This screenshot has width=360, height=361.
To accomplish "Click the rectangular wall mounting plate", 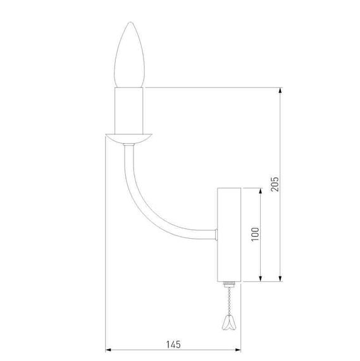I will point(229,234).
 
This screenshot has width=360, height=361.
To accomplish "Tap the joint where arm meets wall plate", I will point(216,235).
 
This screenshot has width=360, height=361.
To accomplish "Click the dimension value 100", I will point(255,234).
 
